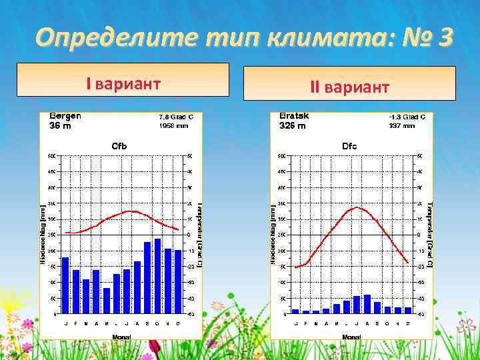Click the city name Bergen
coord(65,115)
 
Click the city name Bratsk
coord(294,115)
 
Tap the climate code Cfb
coord(119,145)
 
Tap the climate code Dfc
coord(349,145)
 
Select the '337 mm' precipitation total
coord(401,125)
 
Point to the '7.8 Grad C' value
coord(175,117)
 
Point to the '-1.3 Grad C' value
coord(407,117)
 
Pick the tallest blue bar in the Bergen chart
coord(157,276)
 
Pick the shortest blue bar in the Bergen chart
coord(107,301)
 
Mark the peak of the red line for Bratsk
coord(358,207)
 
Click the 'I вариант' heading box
coord(123,84)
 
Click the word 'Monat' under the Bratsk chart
coord(351,337)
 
